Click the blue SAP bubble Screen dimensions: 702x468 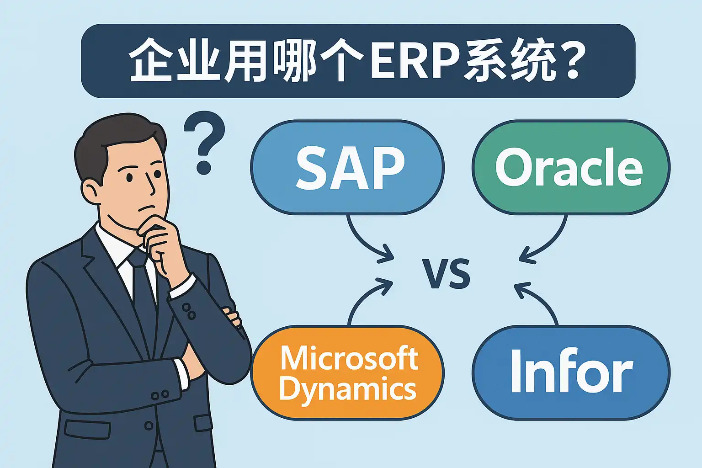click(347, 167)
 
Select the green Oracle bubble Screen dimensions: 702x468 click(571, 167)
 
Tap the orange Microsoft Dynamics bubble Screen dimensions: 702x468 click(347, 372)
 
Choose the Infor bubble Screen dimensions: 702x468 click(571, 372)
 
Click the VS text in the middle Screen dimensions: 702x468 click(446, 273)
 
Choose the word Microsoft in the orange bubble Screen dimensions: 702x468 click(349, 358)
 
